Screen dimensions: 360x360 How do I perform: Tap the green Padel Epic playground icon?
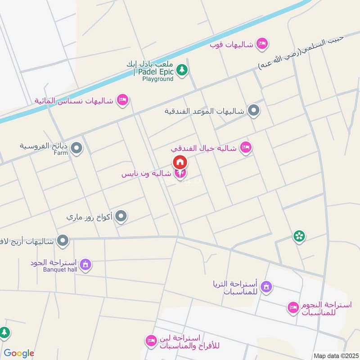[182, 70]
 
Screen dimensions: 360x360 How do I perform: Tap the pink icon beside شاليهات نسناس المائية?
[122, 100]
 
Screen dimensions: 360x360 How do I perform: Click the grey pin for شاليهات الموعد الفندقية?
[254, 110]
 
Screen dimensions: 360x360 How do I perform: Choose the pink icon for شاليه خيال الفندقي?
[245, 147]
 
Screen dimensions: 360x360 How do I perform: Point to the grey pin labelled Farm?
[77, 147]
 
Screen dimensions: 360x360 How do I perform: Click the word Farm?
[61, 153]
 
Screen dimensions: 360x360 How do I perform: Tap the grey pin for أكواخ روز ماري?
[121, 217]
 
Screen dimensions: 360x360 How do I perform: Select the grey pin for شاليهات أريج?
[63, 242]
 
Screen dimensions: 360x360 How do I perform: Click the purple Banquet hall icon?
[86, 264]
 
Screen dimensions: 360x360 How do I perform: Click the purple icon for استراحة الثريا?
[266, 286]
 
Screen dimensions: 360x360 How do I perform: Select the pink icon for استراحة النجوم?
[293, 308]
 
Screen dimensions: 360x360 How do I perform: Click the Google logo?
[19, 353]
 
